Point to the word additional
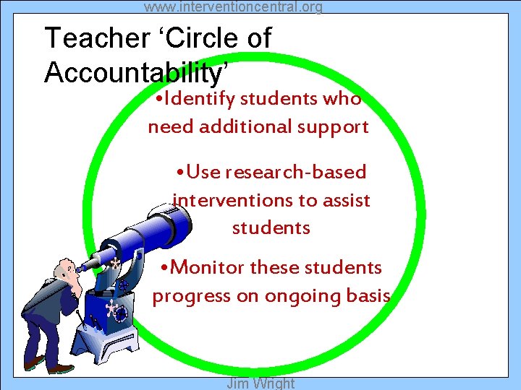click(242, 127)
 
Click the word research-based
click(296, 173)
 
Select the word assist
click(344, 200)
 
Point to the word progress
click(184, 297)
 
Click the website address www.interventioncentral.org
click(233, 7)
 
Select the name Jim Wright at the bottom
click(260, 383)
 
